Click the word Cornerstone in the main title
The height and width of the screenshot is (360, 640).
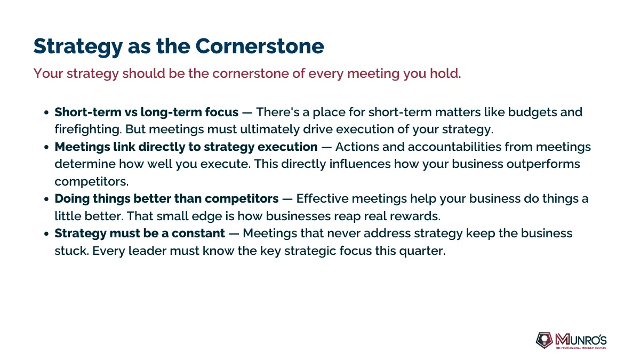click(260, 46)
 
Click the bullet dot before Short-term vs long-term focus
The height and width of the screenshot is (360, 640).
click(46, 113)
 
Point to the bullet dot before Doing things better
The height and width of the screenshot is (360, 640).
click(46, 199)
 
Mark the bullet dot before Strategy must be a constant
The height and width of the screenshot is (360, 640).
click(46, 234)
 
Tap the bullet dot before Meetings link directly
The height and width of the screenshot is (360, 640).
click(46, 147)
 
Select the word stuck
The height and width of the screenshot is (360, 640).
click(71, 251)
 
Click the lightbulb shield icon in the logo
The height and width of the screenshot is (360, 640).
click(545, 340)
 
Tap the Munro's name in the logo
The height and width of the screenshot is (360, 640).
click(581, 340)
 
